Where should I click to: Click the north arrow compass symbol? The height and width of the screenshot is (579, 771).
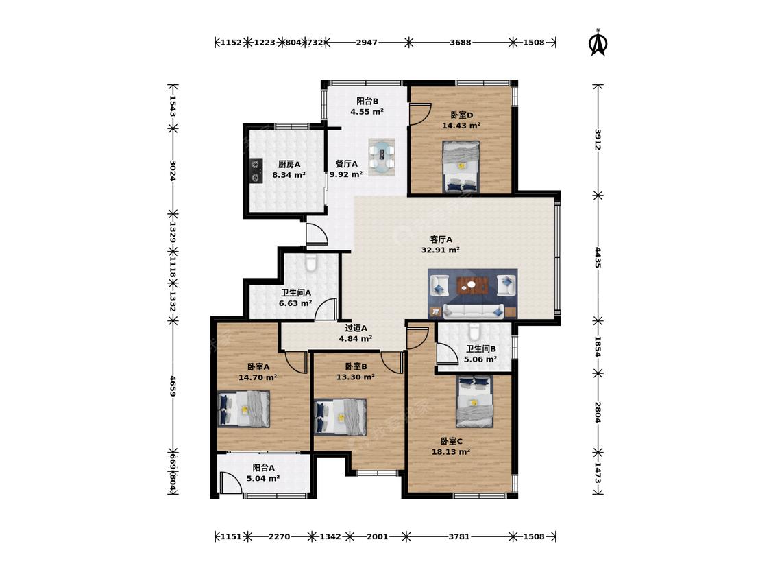[x=598, y=43]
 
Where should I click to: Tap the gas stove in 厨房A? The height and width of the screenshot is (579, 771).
[x=256, y=170]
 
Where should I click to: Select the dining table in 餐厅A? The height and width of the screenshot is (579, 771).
[x=382, y=157]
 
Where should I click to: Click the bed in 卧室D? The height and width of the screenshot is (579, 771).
[x=461, y=167]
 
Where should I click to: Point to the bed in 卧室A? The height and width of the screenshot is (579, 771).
[x=244, y=409]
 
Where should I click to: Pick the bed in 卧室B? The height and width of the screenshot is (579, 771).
[x=340, y=416]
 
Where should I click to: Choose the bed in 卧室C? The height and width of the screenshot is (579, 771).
[x=474, y=401]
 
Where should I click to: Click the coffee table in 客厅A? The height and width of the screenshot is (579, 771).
[x=472, y=285]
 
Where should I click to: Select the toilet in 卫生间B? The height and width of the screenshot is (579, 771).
[x=474, y=332]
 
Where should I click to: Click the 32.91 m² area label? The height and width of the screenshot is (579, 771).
[x=441, y=250]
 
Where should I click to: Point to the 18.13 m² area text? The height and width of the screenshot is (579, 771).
[x=451, y=452]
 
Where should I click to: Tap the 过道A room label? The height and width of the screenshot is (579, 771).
[x=356, y=328]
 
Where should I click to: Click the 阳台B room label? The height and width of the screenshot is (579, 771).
[x=367, y=102]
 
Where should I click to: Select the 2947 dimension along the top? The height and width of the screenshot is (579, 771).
[x=367, y=43]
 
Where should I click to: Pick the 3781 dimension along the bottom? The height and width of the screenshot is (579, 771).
[x=458, y=536]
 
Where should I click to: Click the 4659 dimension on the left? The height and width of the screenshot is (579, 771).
[x=173, y=386]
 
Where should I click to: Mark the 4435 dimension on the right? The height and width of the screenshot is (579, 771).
[x=598, y=257]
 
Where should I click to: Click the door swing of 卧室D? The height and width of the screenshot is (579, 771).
[x=421, y=113]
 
